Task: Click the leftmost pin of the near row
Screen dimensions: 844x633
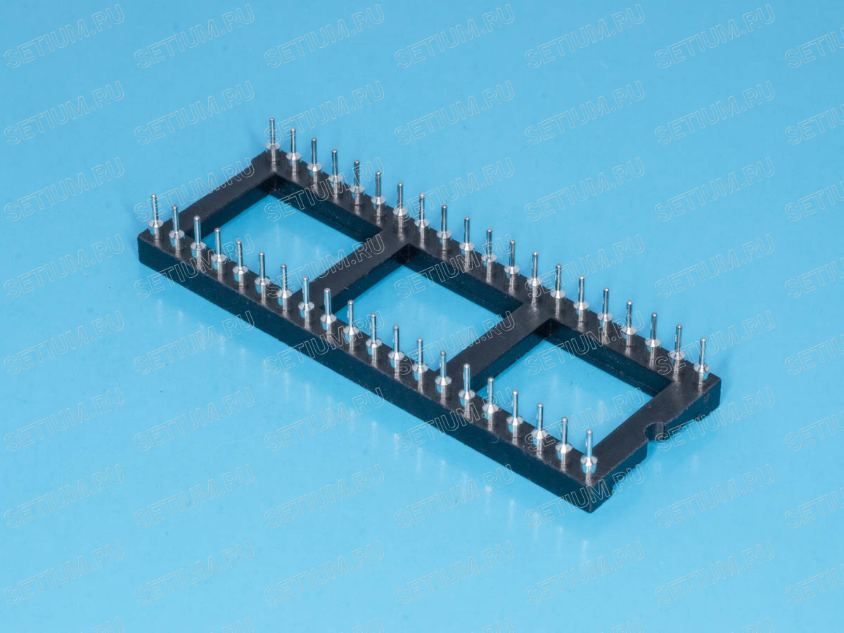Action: [155, 217]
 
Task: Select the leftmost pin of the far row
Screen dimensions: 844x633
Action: [273, 139]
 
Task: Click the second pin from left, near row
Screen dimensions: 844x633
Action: [176, 229]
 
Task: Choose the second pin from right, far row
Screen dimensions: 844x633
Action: [678, 349]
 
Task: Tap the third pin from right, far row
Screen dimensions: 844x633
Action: [653, 337]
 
